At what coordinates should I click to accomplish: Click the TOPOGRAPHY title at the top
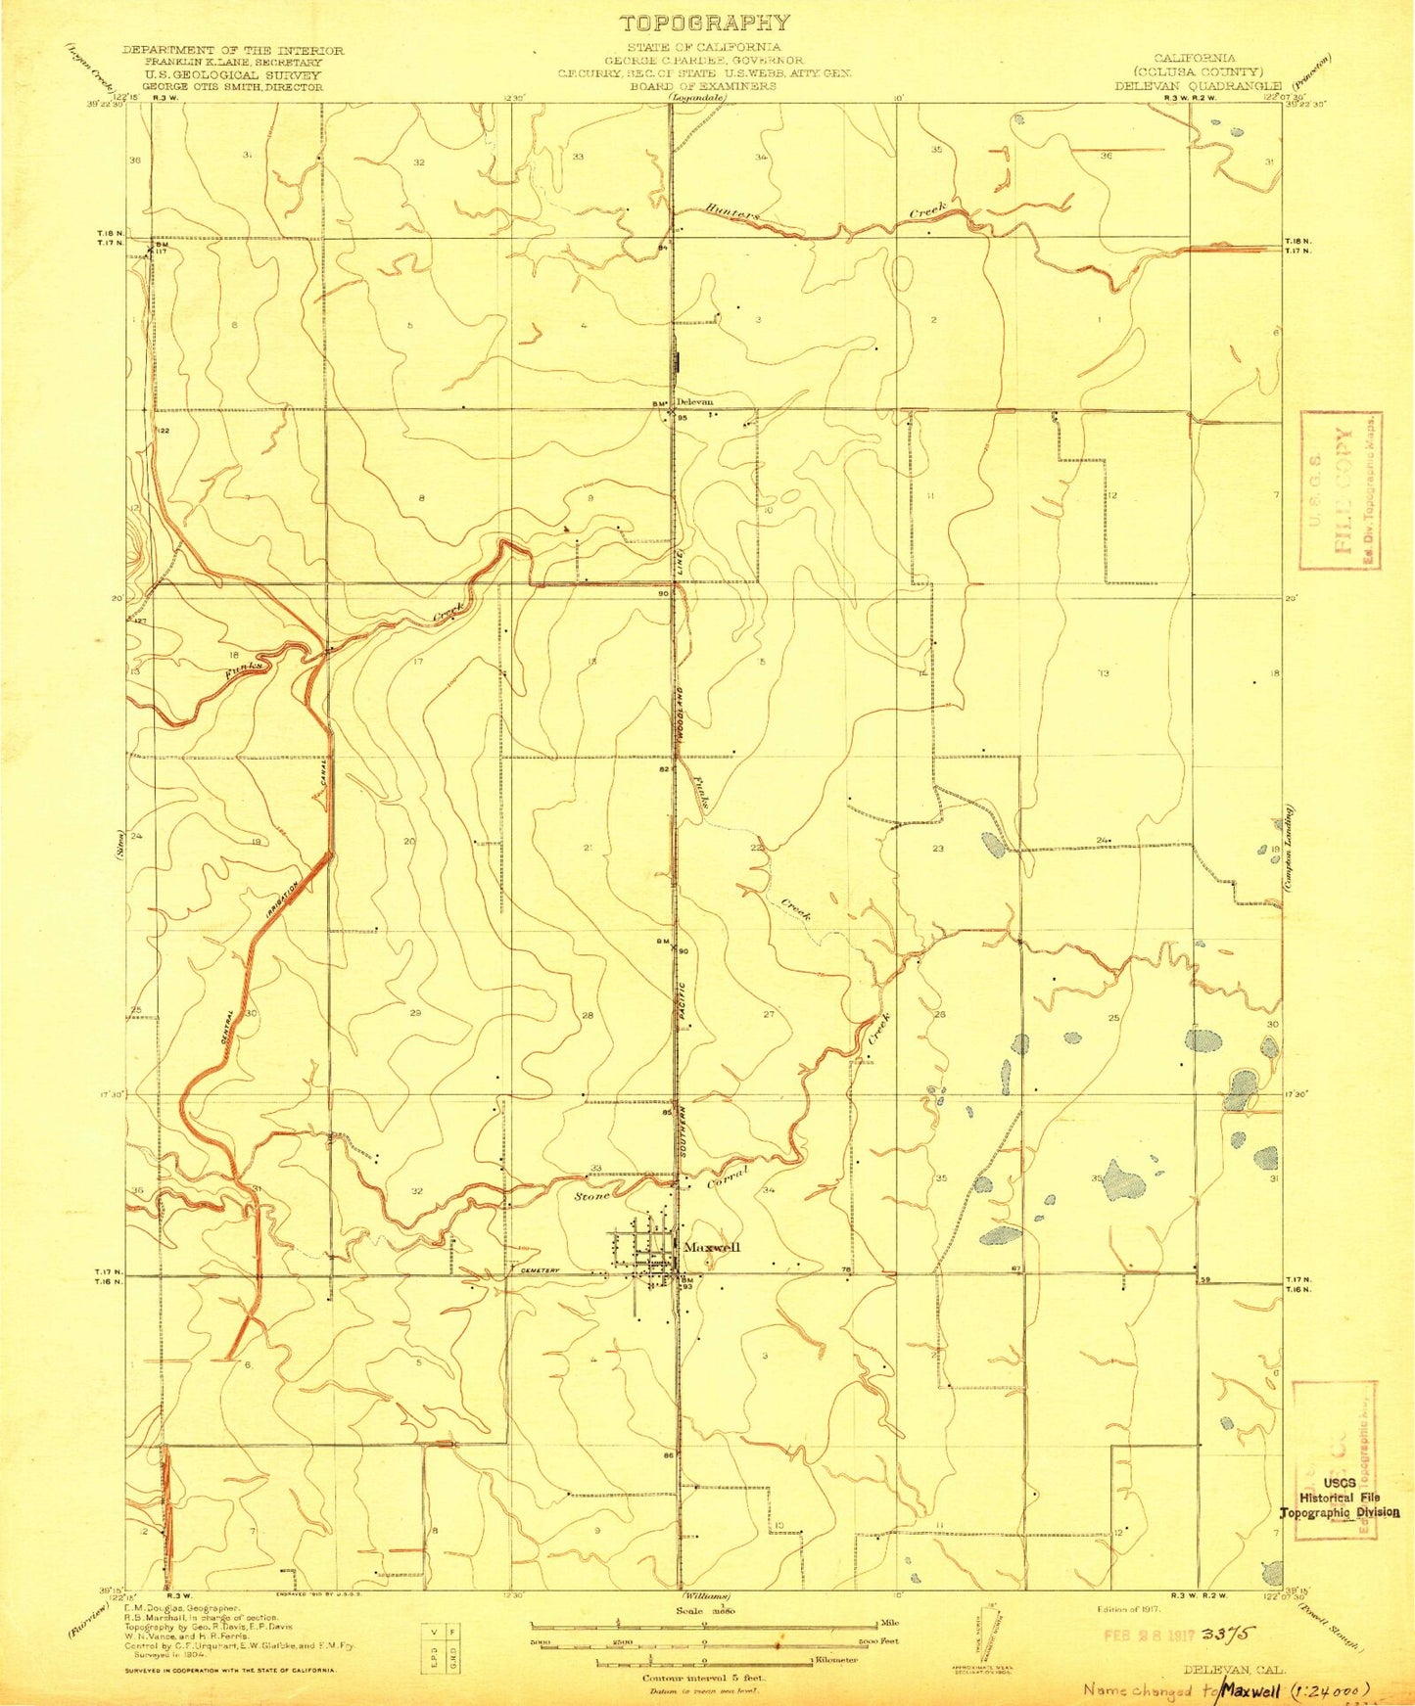703,23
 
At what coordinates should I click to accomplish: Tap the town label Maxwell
712,1247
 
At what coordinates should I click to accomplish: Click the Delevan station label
695,401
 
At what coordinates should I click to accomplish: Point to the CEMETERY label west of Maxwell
539,1270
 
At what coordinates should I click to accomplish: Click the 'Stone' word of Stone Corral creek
592,1195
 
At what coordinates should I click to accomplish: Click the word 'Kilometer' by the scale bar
838,1662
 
